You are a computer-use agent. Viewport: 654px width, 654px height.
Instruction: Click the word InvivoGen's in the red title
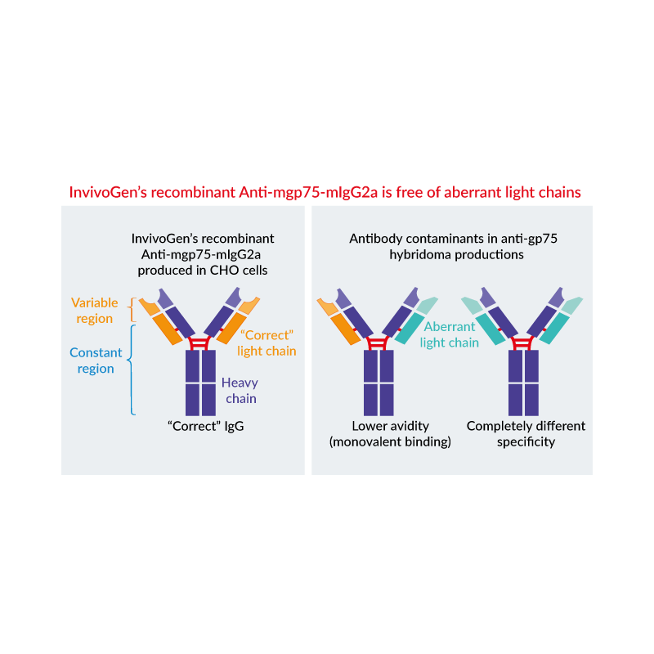click(108, 192)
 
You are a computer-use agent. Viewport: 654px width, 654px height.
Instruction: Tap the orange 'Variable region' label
click(95, 311)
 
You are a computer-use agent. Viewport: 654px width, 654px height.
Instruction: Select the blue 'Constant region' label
click(96, 361)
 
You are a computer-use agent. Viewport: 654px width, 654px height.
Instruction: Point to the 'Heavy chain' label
click(240, 391)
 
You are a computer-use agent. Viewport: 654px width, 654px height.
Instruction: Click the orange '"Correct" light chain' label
click(267, 343)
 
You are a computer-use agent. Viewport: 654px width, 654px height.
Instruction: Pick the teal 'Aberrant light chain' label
click(449, 334)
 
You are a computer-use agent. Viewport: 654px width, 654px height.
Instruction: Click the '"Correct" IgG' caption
click(206, 426)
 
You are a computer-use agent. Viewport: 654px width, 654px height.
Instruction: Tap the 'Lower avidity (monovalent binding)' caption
click(390, 434)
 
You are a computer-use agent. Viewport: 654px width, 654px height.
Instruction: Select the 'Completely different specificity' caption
click(526, 434)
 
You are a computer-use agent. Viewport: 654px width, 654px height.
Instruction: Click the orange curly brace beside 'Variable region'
click(132, 310)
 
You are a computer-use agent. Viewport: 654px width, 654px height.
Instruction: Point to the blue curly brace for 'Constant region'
click(131, 370)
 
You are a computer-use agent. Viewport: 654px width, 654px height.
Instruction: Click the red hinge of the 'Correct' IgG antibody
click(199, 343)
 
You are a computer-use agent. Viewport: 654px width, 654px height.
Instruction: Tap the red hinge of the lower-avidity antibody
click(378, 343)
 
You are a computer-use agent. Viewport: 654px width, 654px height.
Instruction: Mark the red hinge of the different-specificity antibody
click(522, 343)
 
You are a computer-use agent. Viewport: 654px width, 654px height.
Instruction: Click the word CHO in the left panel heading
click(222, 271)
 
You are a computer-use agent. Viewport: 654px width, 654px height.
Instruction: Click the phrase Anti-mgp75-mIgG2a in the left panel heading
click(201, 254)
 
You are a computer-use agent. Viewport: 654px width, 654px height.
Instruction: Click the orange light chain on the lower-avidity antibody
click(338, 321)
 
